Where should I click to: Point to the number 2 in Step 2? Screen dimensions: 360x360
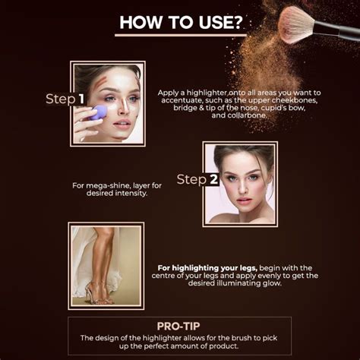[214, 179]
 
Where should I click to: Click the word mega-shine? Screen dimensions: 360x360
[113, 185]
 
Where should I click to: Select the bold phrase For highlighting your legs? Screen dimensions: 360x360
[207, 267]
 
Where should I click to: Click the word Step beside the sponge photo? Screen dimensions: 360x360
[59, 99]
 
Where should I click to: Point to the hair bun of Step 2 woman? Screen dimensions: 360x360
[242, 150]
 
